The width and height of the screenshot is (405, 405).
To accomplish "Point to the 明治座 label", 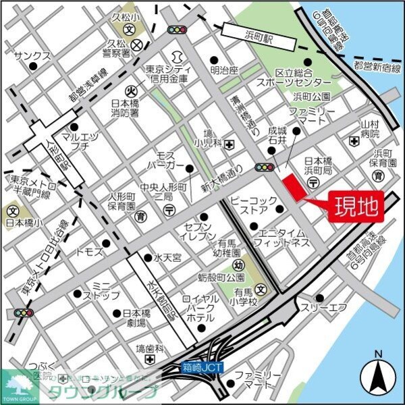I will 224,70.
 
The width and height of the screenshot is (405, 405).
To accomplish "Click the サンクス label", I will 32,56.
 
